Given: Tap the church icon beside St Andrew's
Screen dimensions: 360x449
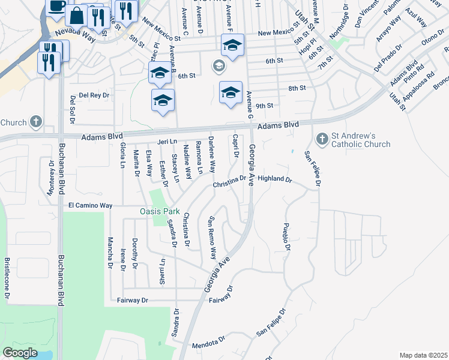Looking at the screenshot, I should pos(322,139).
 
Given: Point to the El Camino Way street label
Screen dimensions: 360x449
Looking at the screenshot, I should pos(90,205).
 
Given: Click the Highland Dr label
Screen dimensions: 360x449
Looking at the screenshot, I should pos(274,179).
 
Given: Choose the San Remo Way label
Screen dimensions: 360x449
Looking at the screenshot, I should pos(211,237).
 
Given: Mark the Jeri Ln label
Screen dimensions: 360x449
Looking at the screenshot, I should pos(167,142).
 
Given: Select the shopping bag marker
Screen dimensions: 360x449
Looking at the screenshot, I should pos(77,16).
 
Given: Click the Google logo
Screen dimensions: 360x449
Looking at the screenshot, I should pos(20,353).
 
